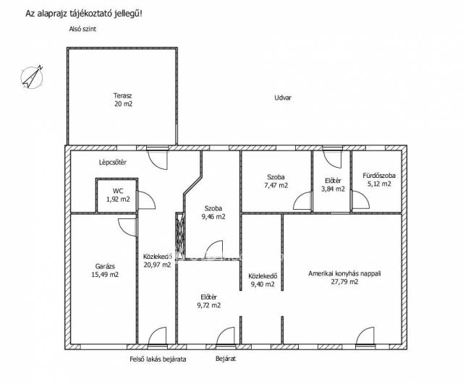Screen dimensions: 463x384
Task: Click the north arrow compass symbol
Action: [32, 77]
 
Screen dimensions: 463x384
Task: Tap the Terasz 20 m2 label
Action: [123, 100]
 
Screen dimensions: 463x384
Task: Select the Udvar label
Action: [283, 98]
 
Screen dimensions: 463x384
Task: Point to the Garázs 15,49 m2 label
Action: [105, 270]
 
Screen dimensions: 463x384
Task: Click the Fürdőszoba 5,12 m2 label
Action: [379, 180]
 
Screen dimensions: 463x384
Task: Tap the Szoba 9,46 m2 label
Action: [213, 213]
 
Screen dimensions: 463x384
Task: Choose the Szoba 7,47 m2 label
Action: [276, 182]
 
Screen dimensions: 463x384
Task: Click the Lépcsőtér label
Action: [113, 162]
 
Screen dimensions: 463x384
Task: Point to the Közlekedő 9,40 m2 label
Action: [263, 280]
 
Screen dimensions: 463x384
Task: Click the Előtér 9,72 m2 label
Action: [209, 301]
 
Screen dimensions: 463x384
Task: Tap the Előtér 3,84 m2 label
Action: [333, 185]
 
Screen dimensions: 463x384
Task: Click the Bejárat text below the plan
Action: [226, 359]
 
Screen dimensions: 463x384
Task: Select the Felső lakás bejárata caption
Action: [158, 359]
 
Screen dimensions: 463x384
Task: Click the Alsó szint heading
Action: [82, 29]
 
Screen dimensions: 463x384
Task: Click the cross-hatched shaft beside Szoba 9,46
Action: [180, 236]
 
